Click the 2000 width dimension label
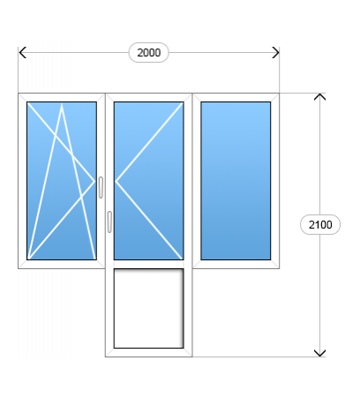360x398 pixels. tap(149, 53)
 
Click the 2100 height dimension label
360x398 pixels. tap(320, 225)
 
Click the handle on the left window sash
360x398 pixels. tap(101, 187)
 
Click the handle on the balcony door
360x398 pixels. tap(109, 222)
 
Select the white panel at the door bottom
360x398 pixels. tap(149, 308)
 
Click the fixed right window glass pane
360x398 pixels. tap(236, 181)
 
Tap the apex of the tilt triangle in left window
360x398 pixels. tap(62, 104)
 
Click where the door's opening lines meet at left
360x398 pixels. tap(116, 182)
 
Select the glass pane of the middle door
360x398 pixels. tap(149, 181)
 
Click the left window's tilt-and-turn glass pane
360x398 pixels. tap(62, 181)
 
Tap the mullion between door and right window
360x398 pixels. tap(192, 181)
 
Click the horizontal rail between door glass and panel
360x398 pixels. tap(149, 264)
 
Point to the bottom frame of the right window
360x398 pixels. tap(236, 264)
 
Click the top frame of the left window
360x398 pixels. tap(62, 98)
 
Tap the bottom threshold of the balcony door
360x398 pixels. tap(149, 352)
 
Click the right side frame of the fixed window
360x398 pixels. tap(275, 181)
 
